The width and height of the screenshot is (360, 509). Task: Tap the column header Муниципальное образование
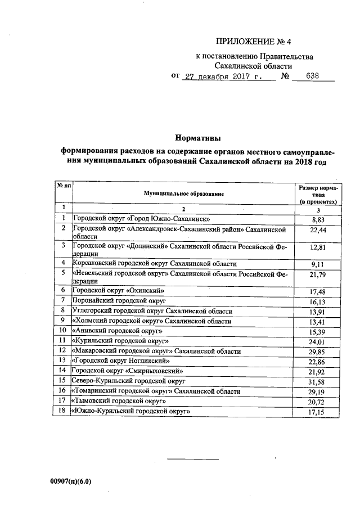coord(183,193)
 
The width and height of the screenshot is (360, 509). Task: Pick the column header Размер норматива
coord(318,193)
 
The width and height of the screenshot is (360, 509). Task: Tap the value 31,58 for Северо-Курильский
coord(318,384)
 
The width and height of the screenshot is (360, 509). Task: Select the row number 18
coord(64,412)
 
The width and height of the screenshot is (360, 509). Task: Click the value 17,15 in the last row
coord(318,413)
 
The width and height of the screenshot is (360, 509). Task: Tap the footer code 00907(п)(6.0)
coord(70,482)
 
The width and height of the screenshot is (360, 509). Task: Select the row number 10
coord(64,331)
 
